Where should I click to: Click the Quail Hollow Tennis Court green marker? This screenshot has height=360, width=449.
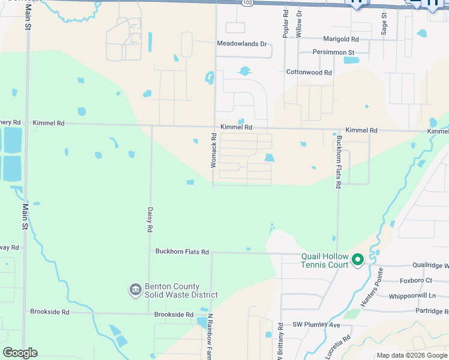[x=358, y=260]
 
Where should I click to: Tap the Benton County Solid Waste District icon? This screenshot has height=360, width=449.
[x=135, y=290]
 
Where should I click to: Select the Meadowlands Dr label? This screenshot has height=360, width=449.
[x=241, y=44]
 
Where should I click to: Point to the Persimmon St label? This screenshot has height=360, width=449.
[x=334, y=52]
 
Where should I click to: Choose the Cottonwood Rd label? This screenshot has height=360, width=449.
[x=309, y=73]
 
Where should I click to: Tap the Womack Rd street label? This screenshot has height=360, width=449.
[x=214, y=154]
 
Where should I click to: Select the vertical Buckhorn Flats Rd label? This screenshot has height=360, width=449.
[x=339, y=162]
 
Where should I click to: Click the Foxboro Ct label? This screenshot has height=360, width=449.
[x=415, y=280]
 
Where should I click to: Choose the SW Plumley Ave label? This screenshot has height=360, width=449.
[x=316, y=325]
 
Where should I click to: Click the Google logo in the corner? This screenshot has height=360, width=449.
[x=20, y=353]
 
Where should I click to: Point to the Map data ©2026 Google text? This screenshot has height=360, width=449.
[x=412, y=355]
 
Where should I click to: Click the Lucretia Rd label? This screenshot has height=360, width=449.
[x=338, y=348]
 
